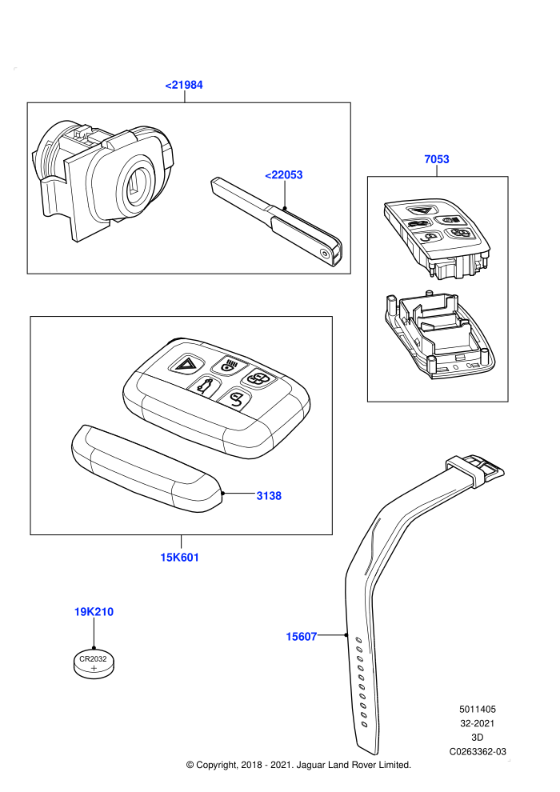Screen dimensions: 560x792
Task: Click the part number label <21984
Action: [x=184, y=85]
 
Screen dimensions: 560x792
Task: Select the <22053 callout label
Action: [x=284, y=174]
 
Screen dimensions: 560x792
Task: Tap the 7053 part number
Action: [x=437, y=159]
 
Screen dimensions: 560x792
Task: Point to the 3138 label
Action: [x=269, y=496]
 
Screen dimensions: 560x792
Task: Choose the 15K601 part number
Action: [x=180, y=558]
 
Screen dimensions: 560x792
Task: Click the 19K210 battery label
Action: [x=94, y=612]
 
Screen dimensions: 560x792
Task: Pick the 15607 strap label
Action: [x=302, y=637]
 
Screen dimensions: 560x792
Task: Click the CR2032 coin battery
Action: [x=94, y=664]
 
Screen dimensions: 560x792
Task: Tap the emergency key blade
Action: [x=275, y=222]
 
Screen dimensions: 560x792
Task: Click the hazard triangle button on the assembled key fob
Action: [x=186, y=363]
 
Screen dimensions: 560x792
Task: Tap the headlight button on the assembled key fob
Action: [x=228, y=365]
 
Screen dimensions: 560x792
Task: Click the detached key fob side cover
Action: [x=147, y=470]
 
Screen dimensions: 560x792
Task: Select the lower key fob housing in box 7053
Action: [x=438, y=336]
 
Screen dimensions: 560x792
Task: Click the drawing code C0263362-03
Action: [x=478, y=751]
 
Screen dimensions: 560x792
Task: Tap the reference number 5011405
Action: [x=478, y=709]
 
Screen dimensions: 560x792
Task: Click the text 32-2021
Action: [x=478, y=723]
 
